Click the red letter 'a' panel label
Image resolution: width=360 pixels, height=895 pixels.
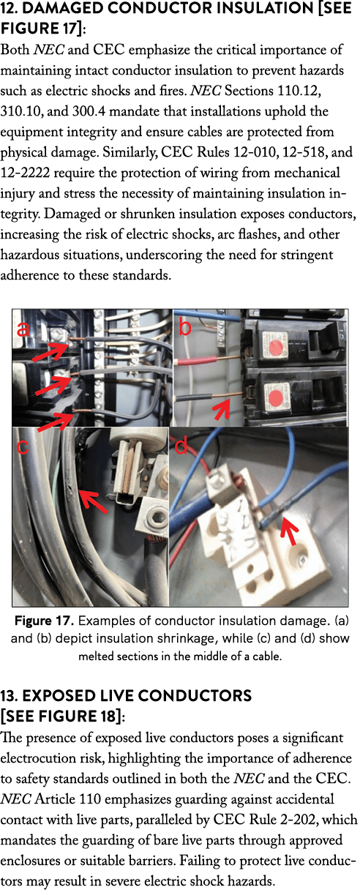23,329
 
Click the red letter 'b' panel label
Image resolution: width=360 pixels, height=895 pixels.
185,326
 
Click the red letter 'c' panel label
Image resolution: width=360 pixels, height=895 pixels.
23,446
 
